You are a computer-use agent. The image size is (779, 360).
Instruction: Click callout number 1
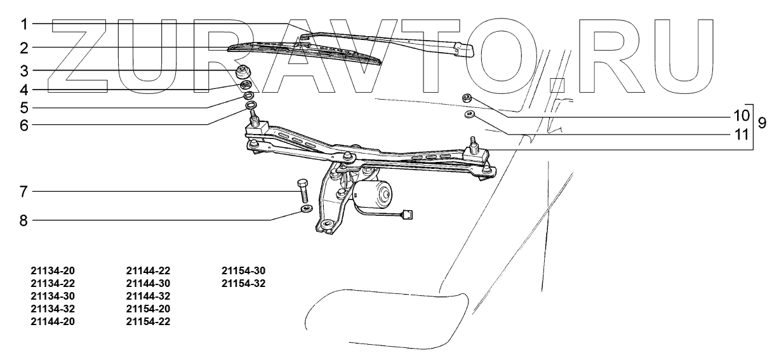[x=23, y=25]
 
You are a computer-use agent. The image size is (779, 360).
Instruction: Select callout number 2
[x=23, y=48]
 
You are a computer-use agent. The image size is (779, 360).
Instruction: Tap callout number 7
[x=23, y=191]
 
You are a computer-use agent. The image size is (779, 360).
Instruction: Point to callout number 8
[x=23, y=220]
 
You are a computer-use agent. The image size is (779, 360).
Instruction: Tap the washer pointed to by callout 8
[x=305, y=210]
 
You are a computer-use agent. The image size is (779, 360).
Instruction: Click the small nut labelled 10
[x=467, y=98]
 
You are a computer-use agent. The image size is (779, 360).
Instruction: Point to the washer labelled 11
[x=469, y=114]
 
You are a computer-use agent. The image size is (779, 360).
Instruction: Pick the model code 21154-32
[x=244, y=283]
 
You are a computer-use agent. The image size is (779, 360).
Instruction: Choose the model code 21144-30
[x=148, y=283]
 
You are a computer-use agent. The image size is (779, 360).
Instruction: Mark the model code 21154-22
[x=148, y=321]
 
